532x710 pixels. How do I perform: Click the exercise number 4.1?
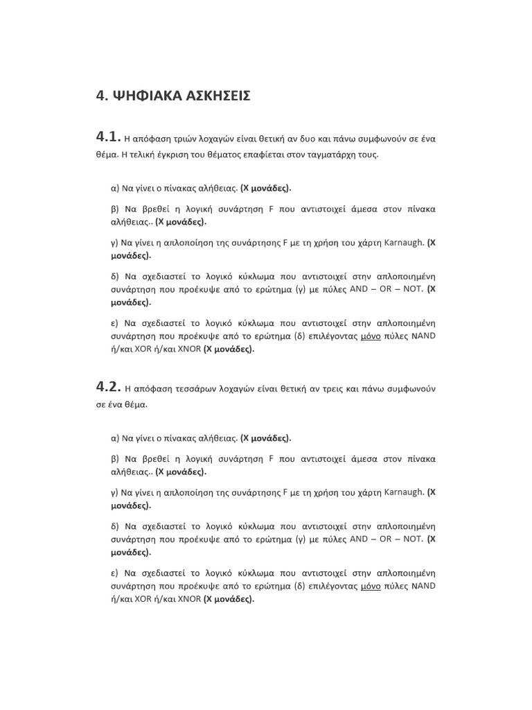109,137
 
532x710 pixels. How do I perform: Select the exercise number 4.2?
109,387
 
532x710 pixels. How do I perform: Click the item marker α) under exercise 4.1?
115,188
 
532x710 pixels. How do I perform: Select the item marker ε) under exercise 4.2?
115,573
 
